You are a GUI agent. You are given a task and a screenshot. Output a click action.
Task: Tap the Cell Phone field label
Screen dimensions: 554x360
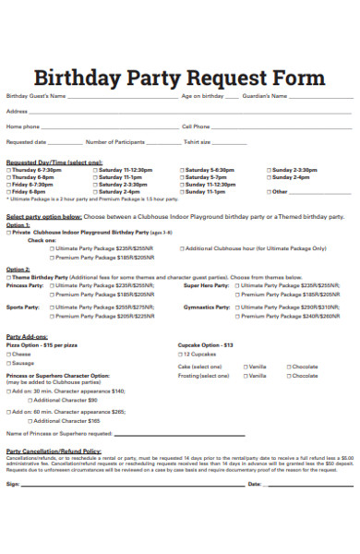click(x=196, y=126)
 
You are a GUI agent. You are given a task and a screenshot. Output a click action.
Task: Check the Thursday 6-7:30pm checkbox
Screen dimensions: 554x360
click(x=9, y=170)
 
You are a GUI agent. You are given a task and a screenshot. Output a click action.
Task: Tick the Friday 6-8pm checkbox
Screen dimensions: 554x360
click(x=9, y=191)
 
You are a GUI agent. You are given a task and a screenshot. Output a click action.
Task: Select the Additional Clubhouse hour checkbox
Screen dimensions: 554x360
click(x=182, y=248)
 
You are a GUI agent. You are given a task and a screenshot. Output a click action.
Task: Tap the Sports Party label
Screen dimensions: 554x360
click(x=22, y=306)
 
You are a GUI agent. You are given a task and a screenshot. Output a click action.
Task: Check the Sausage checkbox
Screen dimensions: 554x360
click(x=9, y=363)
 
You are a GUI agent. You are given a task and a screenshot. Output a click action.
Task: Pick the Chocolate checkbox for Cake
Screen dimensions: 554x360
click(x=289, y=366)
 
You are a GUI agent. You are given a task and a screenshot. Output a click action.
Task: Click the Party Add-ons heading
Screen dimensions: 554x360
click(x=27, y=337)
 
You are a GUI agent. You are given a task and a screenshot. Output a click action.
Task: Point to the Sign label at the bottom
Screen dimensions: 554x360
click(x=12, y=483)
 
